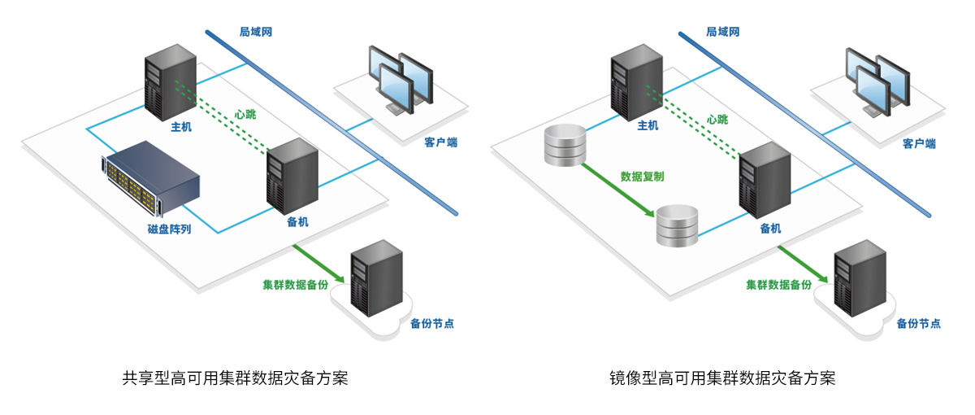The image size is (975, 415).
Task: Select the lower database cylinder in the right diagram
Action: click(x=677, y=225)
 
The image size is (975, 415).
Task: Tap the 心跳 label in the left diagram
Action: click(x=245, y=115)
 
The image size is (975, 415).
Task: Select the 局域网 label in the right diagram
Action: click(x=722, y=32)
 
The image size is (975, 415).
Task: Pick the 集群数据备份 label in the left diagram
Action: click(x=295, y=286)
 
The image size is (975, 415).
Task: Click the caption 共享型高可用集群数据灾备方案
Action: click(x=235, y=378)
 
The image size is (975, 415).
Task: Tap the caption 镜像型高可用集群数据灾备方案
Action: click(x=721, y=378)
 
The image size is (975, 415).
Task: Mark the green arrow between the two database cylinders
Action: click(x=618, y=190)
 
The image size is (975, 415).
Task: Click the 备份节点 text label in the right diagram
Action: click(x=918, y=323)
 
